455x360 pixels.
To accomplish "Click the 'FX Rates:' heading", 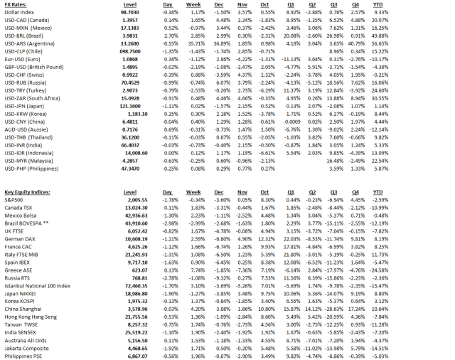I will pyautogui.click(x=16, y=4).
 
